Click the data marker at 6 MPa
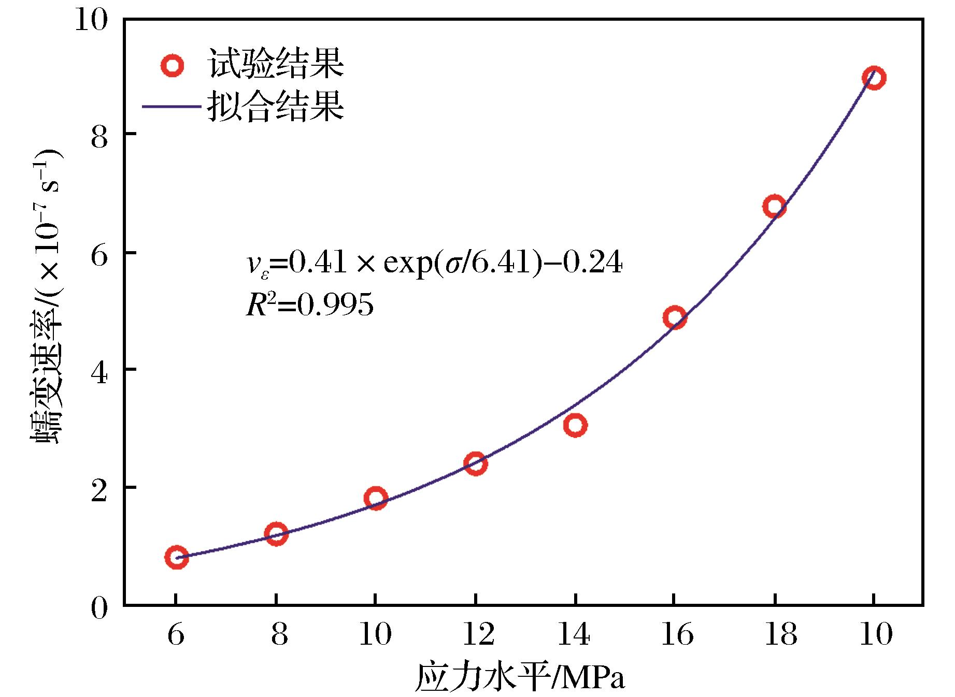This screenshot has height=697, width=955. tap(176, 557)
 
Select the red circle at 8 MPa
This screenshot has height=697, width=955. tap(276, 533)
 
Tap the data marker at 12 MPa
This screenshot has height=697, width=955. tap(475, 463)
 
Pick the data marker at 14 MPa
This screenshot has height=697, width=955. tap(575, 425)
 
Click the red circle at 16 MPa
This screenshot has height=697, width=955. tap(675, 317)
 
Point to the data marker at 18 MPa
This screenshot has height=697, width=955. tap(774, 207)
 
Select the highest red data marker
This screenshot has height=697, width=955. tap(874, 78)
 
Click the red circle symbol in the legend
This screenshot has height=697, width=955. tap(172, 66)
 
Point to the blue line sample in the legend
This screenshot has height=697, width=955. tap(172, 107)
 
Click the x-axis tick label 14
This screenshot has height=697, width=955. tap(575, 635)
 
